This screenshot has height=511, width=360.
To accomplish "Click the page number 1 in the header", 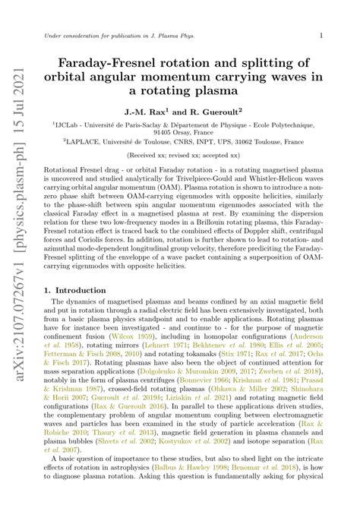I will tap(321, 35).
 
